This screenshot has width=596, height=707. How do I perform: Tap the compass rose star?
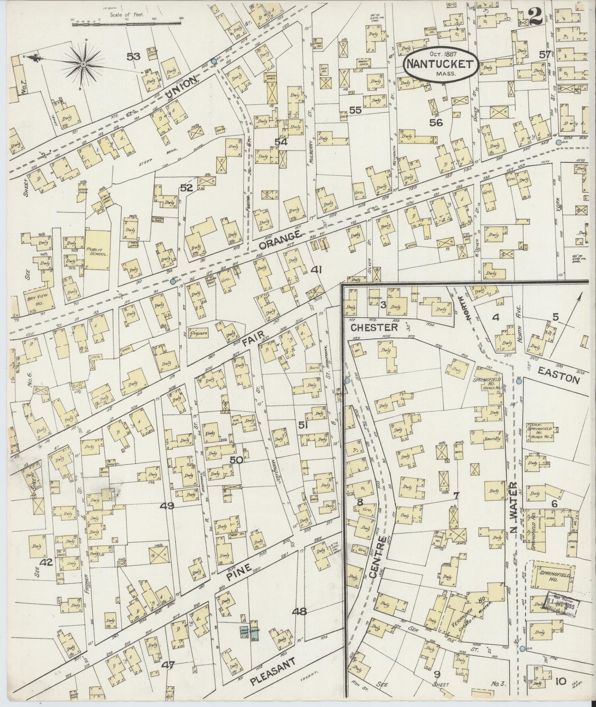coord(84,64)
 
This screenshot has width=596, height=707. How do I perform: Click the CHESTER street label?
coord(374,327)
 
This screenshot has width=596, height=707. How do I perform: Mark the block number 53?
coord(134,57)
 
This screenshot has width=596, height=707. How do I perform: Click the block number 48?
coord(299,612)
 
